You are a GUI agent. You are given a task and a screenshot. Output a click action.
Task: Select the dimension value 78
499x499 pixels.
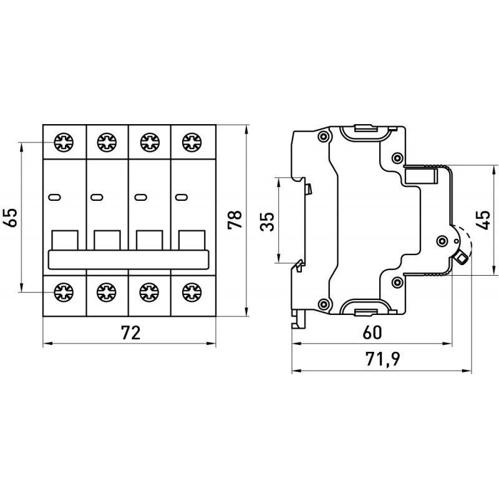235,218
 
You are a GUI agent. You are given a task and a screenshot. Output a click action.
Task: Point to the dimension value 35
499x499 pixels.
267,220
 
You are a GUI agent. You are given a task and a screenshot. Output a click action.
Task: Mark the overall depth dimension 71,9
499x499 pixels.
372,360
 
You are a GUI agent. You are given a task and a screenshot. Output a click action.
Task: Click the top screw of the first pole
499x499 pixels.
64,143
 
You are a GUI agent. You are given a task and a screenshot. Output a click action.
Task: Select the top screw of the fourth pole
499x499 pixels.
189,143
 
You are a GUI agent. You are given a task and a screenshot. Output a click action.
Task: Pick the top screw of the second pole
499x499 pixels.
105,143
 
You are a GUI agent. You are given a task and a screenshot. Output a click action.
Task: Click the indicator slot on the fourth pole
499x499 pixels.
181,198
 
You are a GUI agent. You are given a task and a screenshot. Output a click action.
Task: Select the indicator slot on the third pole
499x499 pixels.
138,198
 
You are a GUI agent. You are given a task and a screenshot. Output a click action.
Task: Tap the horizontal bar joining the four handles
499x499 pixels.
128,259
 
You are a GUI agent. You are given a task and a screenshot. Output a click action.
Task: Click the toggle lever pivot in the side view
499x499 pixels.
442,241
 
